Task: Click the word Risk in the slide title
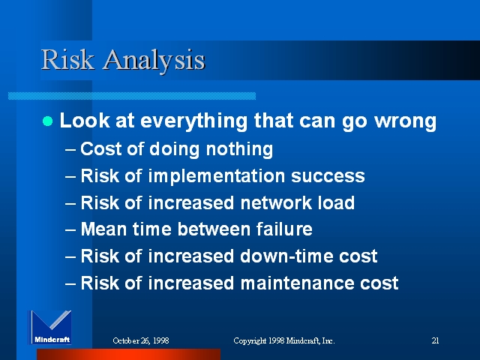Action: point(67,59)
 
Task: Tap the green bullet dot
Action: point(47,121)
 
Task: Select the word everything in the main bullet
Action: point(193,121)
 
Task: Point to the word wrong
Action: point(405,121)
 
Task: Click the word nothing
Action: point(239,150)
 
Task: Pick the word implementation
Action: point(217,177)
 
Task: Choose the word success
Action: point(328,177)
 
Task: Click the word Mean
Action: point(103,229)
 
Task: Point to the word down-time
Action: point(286,256)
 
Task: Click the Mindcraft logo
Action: point(49,328)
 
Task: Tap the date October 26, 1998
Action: point(141,340)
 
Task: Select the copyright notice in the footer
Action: point(284,340)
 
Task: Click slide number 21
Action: point(435,340)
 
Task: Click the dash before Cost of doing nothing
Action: point(70,150)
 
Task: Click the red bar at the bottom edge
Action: point(128,354)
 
